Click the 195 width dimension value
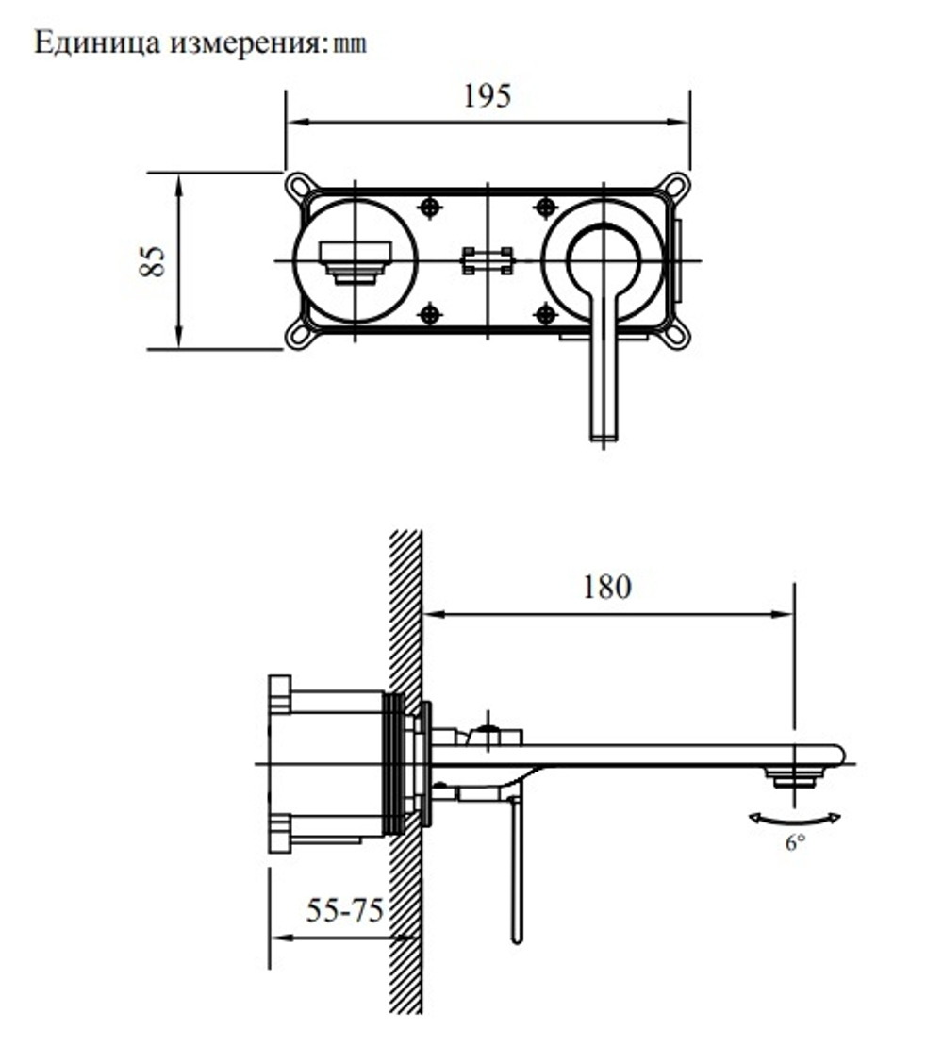pyautogui.click(x=487, y=96)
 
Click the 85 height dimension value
pyautogui.click(x=153, y=260)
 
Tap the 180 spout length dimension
pyautogui.click(x=605, y=587)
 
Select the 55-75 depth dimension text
pyautogui.click(x=344, y=911)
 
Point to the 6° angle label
pyautogui.click(x=796, y=843)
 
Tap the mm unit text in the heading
pyautogui.click(x=350, y=44)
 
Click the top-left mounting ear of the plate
pyautogui.click(x=298, y=185)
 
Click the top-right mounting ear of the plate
pyautogui.click(x=676, y=185)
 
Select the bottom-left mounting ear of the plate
pyautogui.click(x=298, y=335)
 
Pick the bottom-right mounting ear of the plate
pyautogui.click(x=676, y=335)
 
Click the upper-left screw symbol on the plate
pyautogui.click(x=430, y=207)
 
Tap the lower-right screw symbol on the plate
pyautogui.click(x=544, y=314)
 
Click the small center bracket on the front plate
pyautogui.click(x=487, y=260)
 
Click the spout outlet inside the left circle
pyautogui.click(x=355, y=260)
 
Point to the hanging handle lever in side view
pyautogui.click(x=516, y=868)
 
